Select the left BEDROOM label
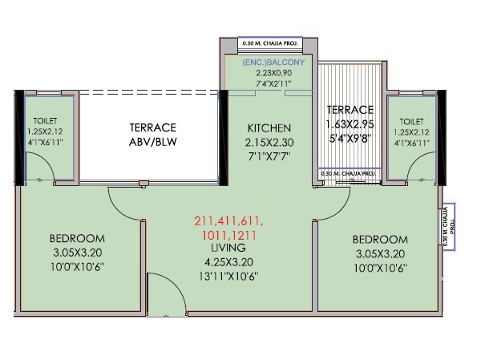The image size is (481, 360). tap(76, 239)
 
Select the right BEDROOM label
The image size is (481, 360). tap(379, 239)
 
